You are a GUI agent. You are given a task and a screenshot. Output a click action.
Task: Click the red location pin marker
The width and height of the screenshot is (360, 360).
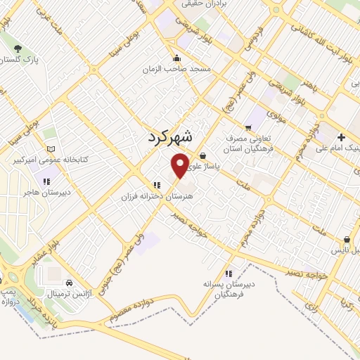point(181,165)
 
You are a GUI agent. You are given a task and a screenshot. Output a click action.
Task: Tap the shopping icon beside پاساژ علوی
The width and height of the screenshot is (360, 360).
point(203,156)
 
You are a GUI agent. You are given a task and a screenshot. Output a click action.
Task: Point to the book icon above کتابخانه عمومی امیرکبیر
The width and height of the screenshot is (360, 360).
point(50,149)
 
